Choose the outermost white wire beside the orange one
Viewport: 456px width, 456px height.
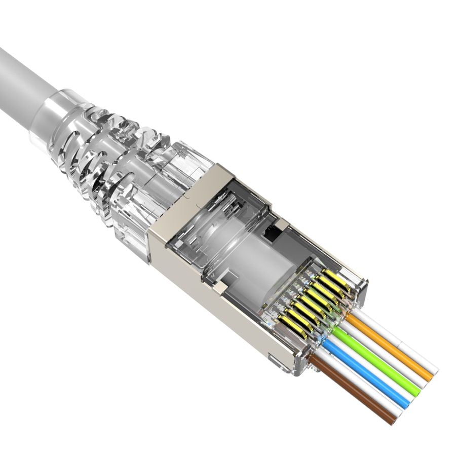click(x=400, y=345)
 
